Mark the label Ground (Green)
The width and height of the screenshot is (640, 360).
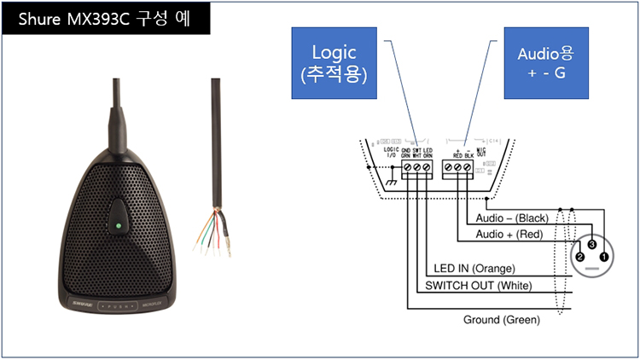(x=501, y=320)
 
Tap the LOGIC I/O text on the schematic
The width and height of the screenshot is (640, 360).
(x=392, y=153)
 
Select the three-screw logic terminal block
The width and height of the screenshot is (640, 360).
(x=416, y=170)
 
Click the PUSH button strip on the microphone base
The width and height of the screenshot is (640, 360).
(x=123, y=305)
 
